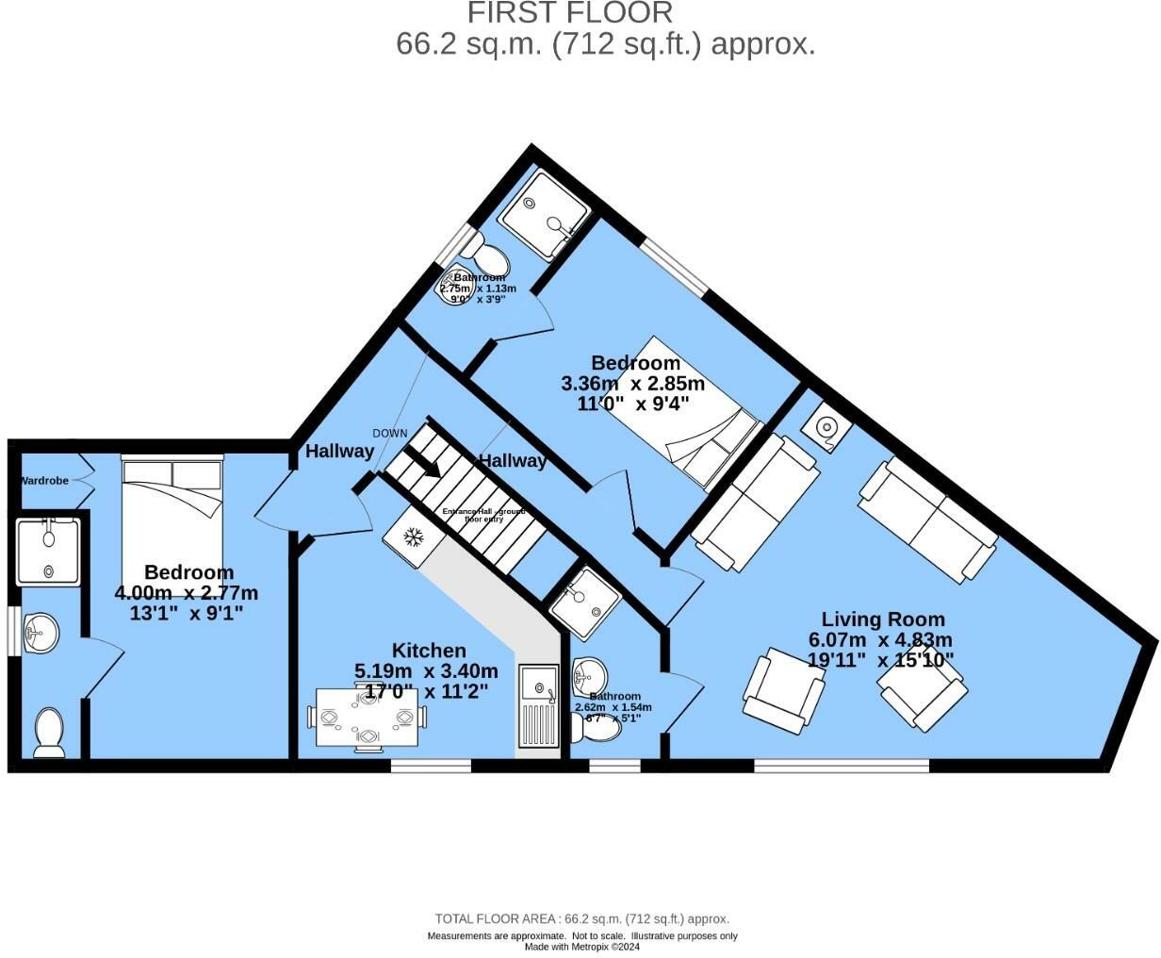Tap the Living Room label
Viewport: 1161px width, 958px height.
tap(883, 619)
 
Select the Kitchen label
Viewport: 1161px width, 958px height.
tap(429, 651)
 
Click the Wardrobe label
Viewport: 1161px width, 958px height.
tap(45, 481)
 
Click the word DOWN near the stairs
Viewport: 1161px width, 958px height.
tap(390, 434)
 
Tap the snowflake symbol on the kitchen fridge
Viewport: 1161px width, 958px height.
tap(413, 537)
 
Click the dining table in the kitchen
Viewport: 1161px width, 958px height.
tap(366, 718)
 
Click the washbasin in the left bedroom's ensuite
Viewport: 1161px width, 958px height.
tap(41, 632)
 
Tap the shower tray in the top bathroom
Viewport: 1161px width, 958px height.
tap(545, 216)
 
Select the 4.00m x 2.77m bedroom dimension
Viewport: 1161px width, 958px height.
tap(186, 593)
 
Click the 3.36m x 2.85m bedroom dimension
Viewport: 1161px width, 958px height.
tap(632, 384)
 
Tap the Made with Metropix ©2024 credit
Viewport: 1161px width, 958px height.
tap(581, 948)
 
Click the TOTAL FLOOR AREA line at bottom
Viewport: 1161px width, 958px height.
tap(581, 919)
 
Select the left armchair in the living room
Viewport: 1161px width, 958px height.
tap(784, 689)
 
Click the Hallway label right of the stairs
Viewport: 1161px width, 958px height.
tap(512, 461)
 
